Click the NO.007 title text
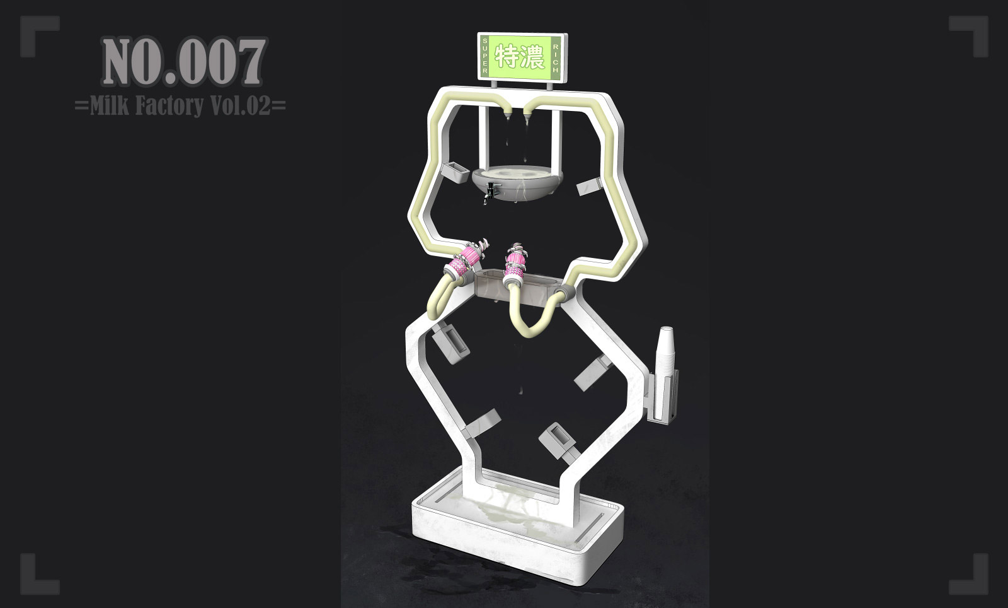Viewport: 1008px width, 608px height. [x=183, y=62]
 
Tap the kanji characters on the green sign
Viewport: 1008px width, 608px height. [x=520, y=57]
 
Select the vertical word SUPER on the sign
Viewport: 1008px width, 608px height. [x=484, y=56]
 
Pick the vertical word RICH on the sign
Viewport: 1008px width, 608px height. [x=555, y=59]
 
